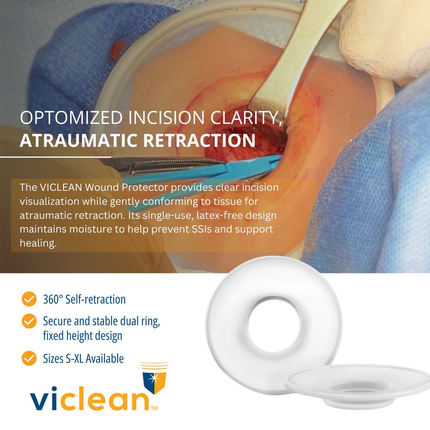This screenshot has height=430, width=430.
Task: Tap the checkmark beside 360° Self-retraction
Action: tap(29, 299)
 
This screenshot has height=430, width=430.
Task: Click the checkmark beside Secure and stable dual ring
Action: tap(29, 321)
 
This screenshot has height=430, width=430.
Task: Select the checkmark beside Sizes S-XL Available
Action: tap(29, 358)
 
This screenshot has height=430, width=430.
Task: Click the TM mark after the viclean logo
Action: tap(154, 408)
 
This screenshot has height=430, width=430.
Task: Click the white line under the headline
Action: tap(56, 157)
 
